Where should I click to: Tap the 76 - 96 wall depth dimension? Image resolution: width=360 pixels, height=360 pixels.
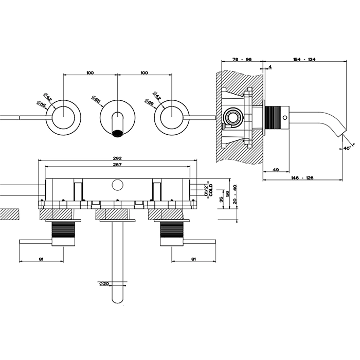point(241,60)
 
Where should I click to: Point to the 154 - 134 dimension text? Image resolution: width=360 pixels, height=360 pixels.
point(305,60)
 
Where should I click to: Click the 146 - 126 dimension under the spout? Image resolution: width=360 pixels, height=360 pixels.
point(302,177)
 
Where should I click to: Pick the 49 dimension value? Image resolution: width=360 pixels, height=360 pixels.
point(275,169)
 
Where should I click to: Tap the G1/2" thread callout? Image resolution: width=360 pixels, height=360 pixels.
point(206,188)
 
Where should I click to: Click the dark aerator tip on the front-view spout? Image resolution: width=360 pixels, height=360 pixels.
point(118,134)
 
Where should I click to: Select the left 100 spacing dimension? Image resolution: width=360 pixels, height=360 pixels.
point(90,73)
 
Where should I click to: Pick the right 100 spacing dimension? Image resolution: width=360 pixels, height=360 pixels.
point(145,73)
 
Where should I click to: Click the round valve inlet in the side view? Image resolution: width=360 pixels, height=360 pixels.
point(234,117)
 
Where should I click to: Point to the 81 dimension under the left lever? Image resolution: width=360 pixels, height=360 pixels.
point(41,259)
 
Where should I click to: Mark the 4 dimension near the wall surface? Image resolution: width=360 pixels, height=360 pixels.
point(270,66)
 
